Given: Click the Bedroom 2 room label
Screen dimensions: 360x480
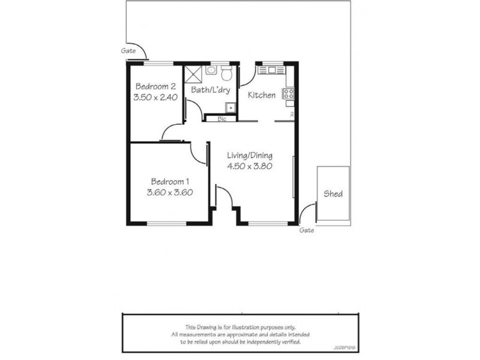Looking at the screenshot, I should pyautogui.click(x=155, y=86).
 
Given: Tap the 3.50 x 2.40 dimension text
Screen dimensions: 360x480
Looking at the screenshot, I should pyautogui.click(x=155, y=97).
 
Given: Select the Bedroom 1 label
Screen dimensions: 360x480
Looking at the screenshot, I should pyautogui.click(x=170, y=182).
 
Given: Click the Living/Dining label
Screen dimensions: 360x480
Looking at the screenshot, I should pyautogui.click(x=250, y=156).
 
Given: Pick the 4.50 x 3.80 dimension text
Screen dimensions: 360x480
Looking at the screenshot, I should pyautogui.click(x=250, y=167).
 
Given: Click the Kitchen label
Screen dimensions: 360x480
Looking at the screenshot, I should pyautogui.click(x=262, y=95).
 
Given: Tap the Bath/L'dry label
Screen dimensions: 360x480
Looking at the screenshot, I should pyautogui.click(x=207, y=90).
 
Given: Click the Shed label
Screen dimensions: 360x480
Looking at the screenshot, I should pyautogui.click(x=333, y=194).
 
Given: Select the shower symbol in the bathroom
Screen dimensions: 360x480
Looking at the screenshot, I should pyautogui.click(x=193, y=74).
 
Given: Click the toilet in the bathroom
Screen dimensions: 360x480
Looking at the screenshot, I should pyautogui.click(x=227, y=74).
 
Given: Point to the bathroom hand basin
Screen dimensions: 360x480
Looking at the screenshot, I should pyautogui.click(x=211, y=71).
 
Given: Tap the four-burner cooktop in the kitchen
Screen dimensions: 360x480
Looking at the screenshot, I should pyautogui.click(x=289, y=94).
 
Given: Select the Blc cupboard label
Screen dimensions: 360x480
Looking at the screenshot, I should pyautogui.click(x=221, y=119).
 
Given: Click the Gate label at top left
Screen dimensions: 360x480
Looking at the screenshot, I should pyautogui.click(x=128, y=51).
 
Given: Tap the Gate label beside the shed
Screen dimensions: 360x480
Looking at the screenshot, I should pyautogui.click(x=306, y=230).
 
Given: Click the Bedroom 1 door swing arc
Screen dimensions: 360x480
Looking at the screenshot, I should pyautogui.click(x=198, y=153).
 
